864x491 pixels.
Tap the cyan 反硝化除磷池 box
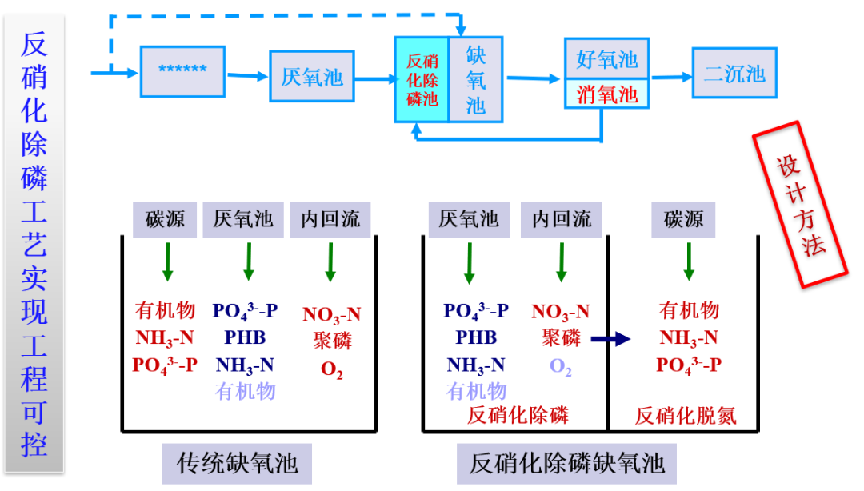[x=422, y=80]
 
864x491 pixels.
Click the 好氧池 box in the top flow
[x=606, y=59]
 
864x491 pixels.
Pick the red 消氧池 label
[x=606, y=94]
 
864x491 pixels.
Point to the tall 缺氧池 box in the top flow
[x=476, y=79]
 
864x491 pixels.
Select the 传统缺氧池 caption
[x=236, y=463]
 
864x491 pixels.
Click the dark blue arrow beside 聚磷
[x=610, y=340]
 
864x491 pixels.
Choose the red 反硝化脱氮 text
[x=686, y=416]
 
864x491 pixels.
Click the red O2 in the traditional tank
[x=331, y=369]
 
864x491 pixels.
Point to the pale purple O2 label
[x=560, y=366]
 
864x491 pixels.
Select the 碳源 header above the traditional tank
[x=166, y=219]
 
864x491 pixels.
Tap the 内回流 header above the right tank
[x=562, y=219]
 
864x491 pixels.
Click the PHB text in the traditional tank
[x=245, y=337]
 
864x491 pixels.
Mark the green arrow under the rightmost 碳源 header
[x=688, y=261]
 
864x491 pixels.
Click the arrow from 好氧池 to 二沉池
[x=670, y=77]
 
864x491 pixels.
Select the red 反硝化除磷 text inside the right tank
[x=518, y=416]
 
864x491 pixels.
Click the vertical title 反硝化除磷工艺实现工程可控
[x=34, y=244]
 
